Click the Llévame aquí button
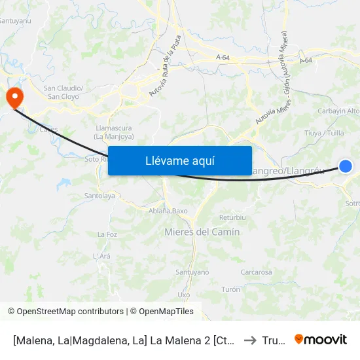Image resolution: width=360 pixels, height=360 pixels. [x=179, y=160]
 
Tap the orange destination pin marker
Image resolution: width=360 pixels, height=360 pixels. [x=14, y=98]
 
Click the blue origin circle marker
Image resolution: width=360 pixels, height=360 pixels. [x=346, y=166]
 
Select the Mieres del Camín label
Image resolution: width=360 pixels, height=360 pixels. [x=202, y=232]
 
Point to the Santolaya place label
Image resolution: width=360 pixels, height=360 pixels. [x=99, y=196]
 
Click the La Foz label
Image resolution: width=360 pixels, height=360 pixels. [x=107, y=234]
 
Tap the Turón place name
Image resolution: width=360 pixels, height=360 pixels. [x=231, y=289]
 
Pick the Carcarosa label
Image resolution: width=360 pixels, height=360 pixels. [x=256, y=272]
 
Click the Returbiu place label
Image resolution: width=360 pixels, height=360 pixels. [x=232, y=217]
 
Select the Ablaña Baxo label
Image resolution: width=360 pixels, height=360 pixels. [x=168, y=211]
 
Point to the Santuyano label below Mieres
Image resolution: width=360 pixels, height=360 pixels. [x=192, y=272]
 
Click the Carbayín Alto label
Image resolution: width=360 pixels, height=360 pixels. [x=338, y=111]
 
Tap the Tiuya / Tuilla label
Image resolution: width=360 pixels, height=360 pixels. [x=325, y=133]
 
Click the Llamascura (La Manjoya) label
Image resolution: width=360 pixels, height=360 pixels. [x=115, y=133]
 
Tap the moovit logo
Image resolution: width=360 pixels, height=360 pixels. [x=320, y=339]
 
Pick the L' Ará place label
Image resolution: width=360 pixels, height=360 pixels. [x=101, y=256]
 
